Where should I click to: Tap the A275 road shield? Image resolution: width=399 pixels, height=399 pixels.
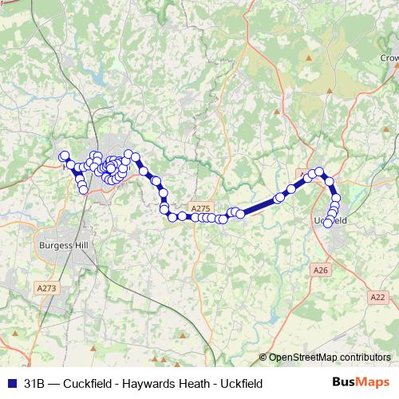pyautogui.click(x=201, y=207)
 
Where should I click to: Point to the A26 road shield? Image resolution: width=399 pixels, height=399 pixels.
pyautogui.click(x=321, y=271)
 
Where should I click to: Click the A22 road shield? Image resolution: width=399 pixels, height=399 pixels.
pyautogui.click(x=378, y=297)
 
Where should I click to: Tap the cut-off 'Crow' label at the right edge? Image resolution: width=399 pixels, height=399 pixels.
pyautogui.click(x=389, y=58)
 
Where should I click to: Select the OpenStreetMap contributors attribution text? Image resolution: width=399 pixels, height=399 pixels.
pyautogui.click(x=330, y=358)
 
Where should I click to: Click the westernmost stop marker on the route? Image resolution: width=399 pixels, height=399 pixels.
pyautogui.click(x=64, y=156)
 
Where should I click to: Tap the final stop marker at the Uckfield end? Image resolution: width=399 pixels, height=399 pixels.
pyautogui.click(x=328, y=223)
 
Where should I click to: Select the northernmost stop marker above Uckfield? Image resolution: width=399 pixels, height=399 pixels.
pyautogui.click(x=319, y=171)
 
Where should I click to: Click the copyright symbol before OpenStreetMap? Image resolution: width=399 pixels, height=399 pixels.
pyautogui.click(x=263, y=358)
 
